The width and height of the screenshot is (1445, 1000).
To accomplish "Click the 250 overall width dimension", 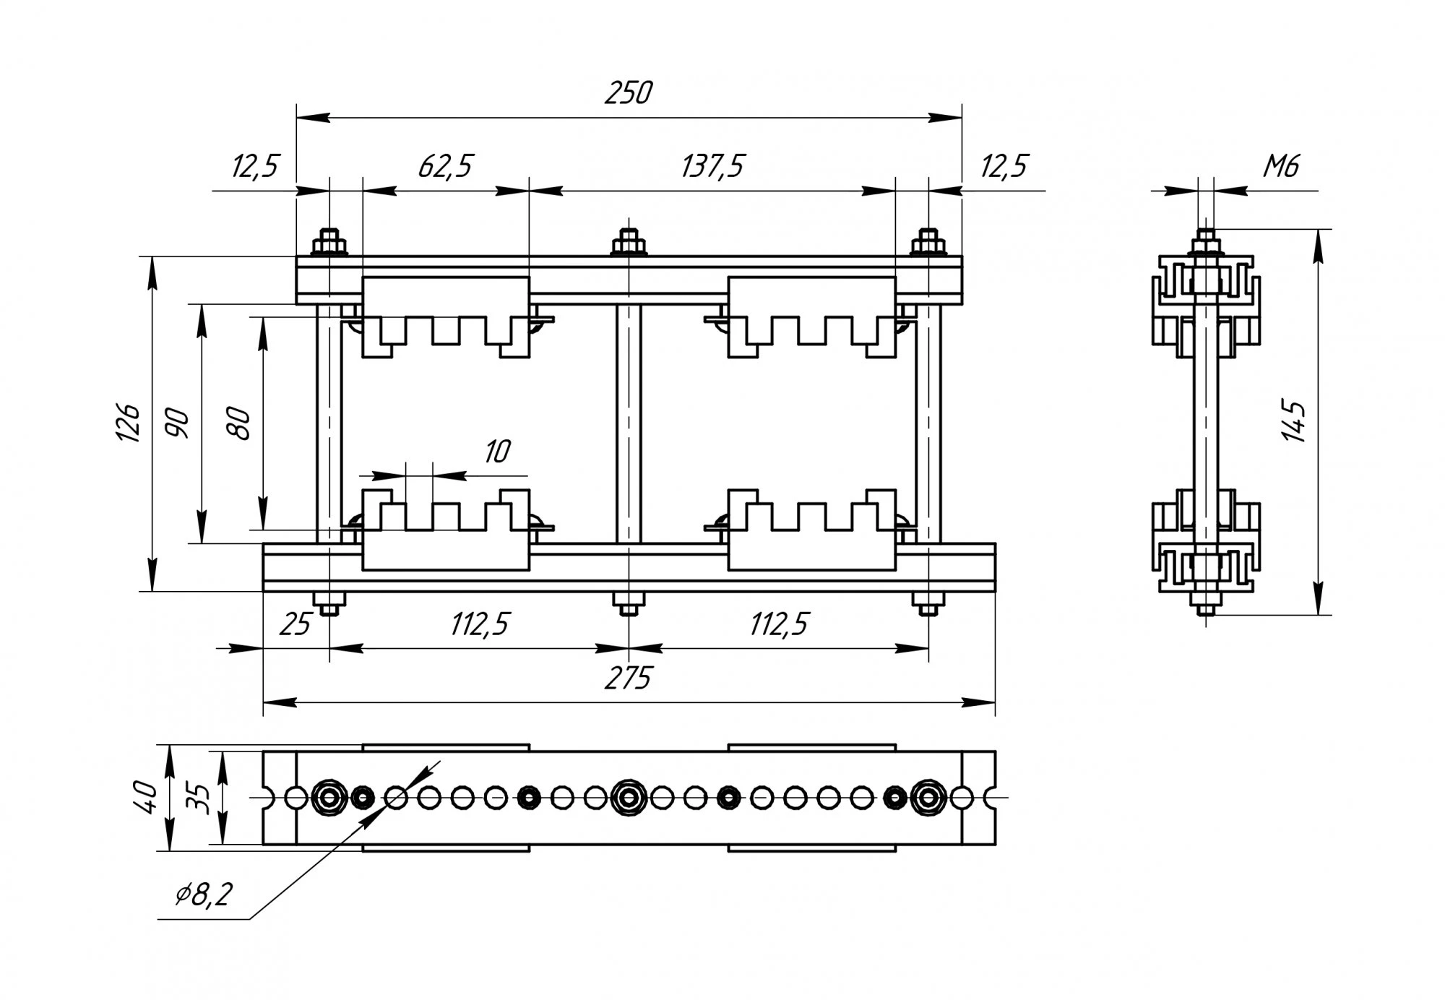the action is (x=629, y=92).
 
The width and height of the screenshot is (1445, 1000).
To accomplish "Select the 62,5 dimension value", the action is (x=445, y=166).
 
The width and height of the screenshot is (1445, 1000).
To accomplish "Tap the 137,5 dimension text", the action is (x=712, y=166).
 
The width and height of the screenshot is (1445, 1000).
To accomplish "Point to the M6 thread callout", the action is (x=1281, y=166).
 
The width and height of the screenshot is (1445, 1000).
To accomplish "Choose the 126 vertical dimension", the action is (x=129, y=423).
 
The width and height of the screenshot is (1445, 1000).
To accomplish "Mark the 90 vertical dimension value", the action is (x=177, y=423).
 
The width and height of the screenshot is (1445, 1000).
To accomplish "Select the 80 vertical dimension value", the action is (x=238, y=424).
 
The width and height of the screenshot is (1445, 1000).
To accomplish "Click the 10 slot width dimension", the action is (x=497, y=452).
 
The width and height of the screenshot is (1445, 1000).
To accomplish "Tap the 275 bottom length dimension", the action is (x=629, y=678).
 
